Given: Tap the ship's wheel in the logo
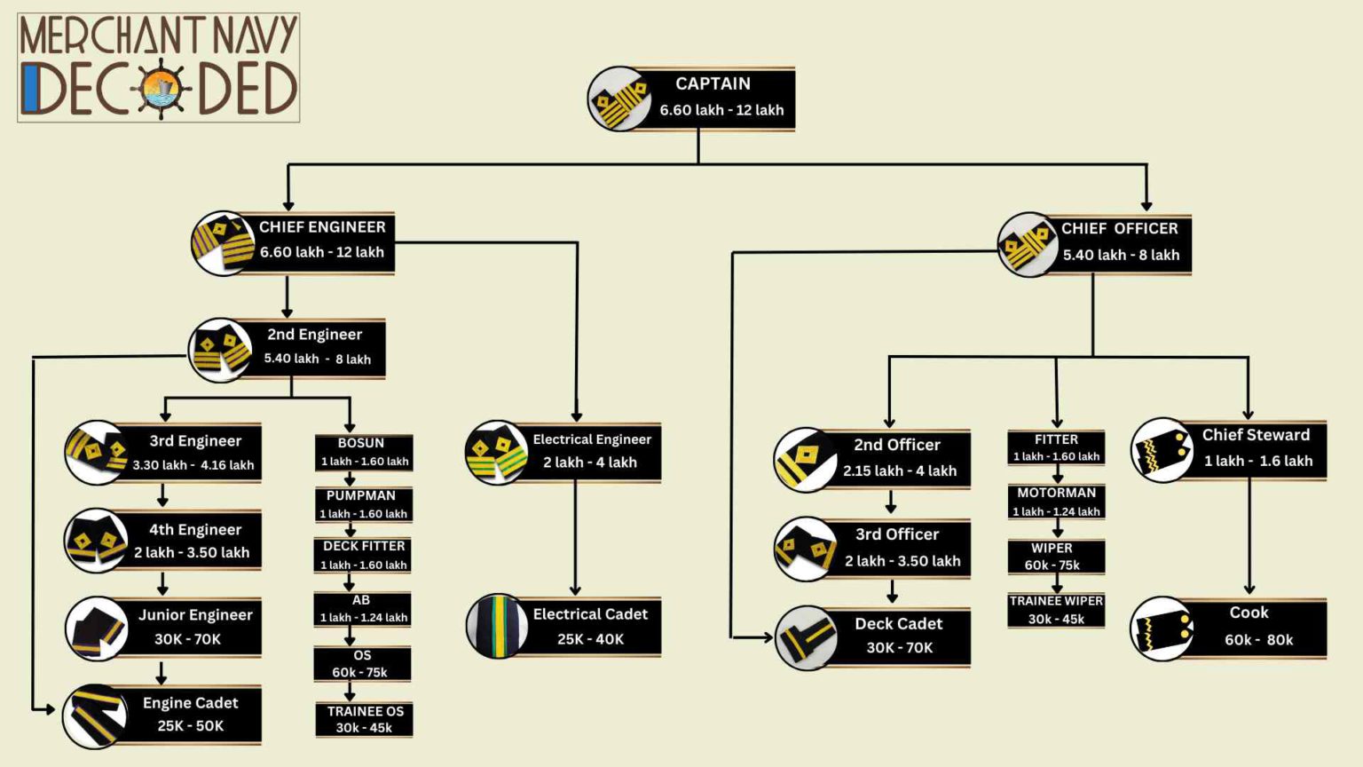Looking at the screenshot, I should [x=161, y=89].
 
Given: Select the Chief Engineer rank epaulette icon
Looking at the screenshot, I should [x=222, y=242].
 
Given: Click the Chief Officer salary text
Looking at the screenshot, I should [x=1121, y=255].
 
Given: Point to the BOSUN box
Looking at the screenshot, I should [x=363, y=452].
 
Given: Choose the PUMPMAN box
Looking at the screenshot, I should [x=363, y=504].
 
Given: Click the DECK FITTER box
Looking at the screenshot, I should [x=363, y=555].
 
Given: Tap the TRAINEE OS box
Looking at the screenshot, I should [x=364, y=719].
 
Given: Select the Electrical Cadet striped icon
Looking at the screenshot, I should [x=497, y=626].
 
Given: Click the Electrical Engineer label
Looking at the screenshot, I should [x=592, y=439].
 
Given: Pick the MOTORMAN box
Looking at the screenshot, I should [x=1056, y=502].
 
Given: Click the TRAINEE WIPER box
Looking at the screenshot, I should [x=1056, y=610].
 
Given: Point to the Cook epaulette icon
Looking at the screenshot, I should [x=1162, y=629].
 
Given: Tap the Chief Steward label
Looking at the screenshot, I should [x=1256, y=435].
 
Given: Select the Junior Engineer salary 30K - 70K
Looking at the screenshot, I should [x=187, y=639].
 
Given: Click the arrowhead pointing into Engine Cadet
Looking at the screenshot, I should [x=50, y=709].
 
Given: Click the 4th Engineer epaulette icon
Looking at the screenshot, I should [x=96, y=540].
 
